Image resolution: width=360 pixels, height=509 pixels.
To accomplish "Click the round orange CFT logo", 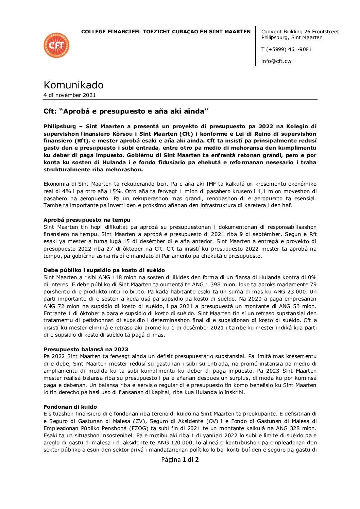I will point(56,45).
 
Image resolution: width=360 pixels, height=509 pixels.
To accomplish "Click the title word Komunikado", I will point(73,85).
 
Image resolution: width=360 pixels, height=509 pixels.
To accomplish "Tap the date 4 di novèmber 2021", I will point(70,95).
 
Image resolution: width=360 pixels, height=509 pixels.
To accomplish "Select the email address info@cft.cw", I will point(276,61).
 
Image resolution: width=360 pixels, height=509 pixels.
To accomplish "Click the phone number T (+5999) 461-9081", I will point(286,49).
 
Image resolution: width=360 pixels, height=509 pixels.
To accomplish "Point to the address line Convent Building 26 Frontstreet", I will point(300,32).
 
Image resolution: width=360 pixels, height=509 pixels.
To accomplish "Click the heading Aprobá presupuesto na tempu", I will point(87,220).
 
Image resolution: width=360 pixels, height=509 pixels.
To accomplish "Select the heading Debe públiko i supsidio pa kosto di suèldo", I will point(104,270).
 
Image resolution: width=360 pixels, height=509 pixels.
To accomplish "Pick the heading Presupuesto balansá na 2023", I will point(86,350).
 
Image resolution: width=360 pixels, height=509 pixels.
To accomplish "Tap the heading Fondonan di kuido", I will point(70,407).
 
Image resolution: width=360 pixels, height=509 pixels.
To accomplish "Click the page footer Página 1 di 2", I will point(180,460).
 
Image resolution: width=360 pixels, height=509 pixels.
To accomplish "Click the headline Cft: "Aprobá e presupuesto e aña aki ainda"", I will point(126,112).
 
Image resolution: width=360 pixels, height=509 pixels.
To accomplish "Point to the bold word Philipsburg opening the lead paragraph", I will point(59,126).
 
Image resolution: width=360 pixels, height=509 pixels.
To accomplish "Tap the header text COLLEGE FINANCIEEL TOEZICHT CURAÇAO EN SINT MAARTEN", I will point(166,32).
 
